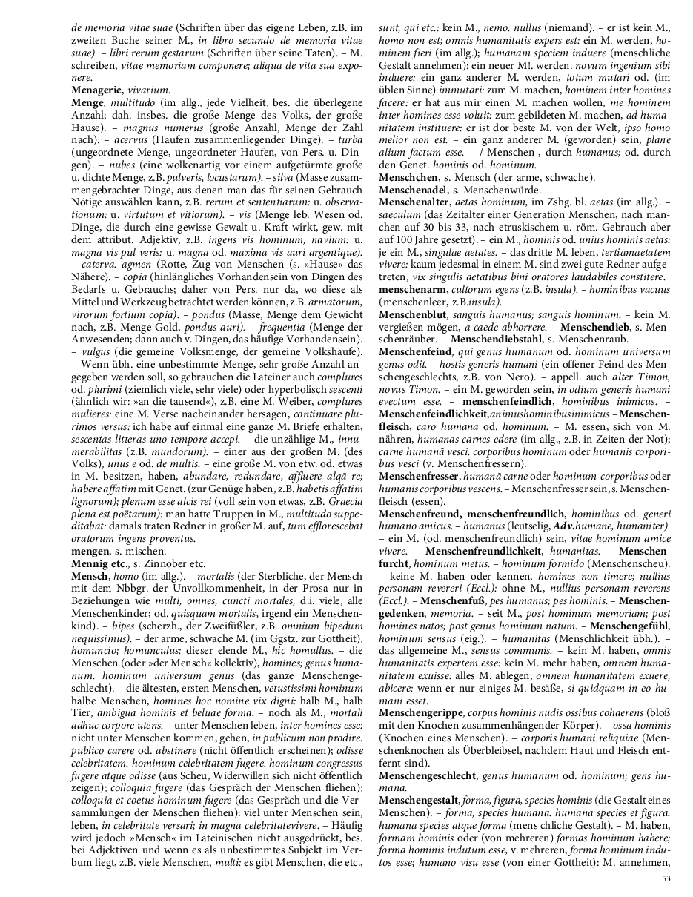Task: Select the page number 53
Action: coord(665,878)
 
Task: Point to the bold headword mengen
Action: coord(90,530)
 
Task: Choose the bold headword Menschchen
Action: coord(407,178)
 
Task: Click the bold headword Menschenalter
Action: coord(415,202)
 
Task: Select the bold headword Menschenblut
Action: coord(414,314)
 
